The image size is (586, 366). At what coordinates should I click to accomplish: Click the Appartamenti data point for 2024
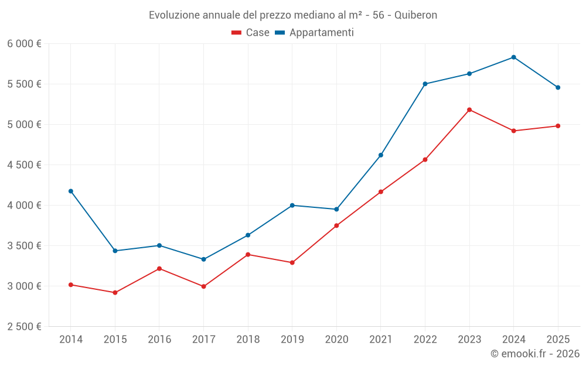pyautogui.click(x=513, y=57)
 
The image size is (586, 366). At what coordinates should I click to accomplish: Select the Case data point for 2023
pyautogui.click(x=469, y=110)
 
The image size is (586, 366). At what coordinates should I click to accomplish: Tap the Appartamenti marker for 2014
pyautogui.click(x=71, y=191)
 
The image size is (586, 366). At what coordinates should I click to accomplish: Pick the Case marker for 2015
pyautogui.click(x=115, y=292)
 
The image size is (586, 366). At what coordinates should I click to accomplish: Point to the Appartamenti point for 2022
pyautogui.click(x=425, y=84)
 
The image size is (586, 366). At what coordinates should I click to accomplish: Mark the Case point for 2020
pyautogui.click(x=336, y=225)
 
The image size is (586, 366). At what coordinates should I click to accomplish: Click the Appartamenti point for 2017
pyautogui.click(x=203, y=259)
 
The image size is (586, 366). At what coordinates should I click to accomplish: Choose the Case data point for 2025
pyautogui.click(x=558, y=126)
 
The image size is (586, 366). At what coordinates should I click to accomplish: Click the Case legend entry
pyautogui.click(x=251, y=33)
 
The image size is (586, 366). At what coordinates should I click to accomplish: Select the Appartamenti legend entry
pyautogui.click(x=315, y=33)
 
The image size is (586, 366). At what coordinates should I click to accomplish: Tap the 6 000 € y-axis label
pyautogui.click(x=24, y=44)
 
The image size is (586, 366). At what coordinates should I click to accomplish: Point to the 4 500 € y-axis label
pyautogui.click(x=24, y=165)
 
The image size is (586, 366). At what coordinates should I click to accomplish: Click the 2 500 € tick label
pyautogui.click(x=24, y=327)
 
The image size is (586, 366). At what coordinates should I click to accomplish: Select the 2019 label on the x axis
pyautogui.click(x=292, y=340)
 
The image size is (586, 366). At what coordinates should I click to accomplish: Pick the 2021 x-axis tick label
pyautogui.click(x=380, y=340)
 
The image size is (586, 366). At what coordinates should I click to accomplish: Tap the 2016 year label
pyautogui.click(x=159, y=340)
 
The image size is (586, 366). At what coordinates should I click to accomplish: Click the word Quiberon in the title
pyautogui.click(x=415, y=15)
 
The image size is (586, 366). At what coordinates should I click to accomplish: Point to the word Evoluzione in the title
pyautogui.click(x=173, y=15)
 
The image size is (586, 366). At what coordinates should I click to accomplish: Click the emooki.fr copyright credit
pyautogui.click(x=534, y=354)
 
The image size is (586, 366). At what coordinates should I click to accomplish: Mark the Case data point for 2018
pyautogui.click(x=248, y=254)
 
